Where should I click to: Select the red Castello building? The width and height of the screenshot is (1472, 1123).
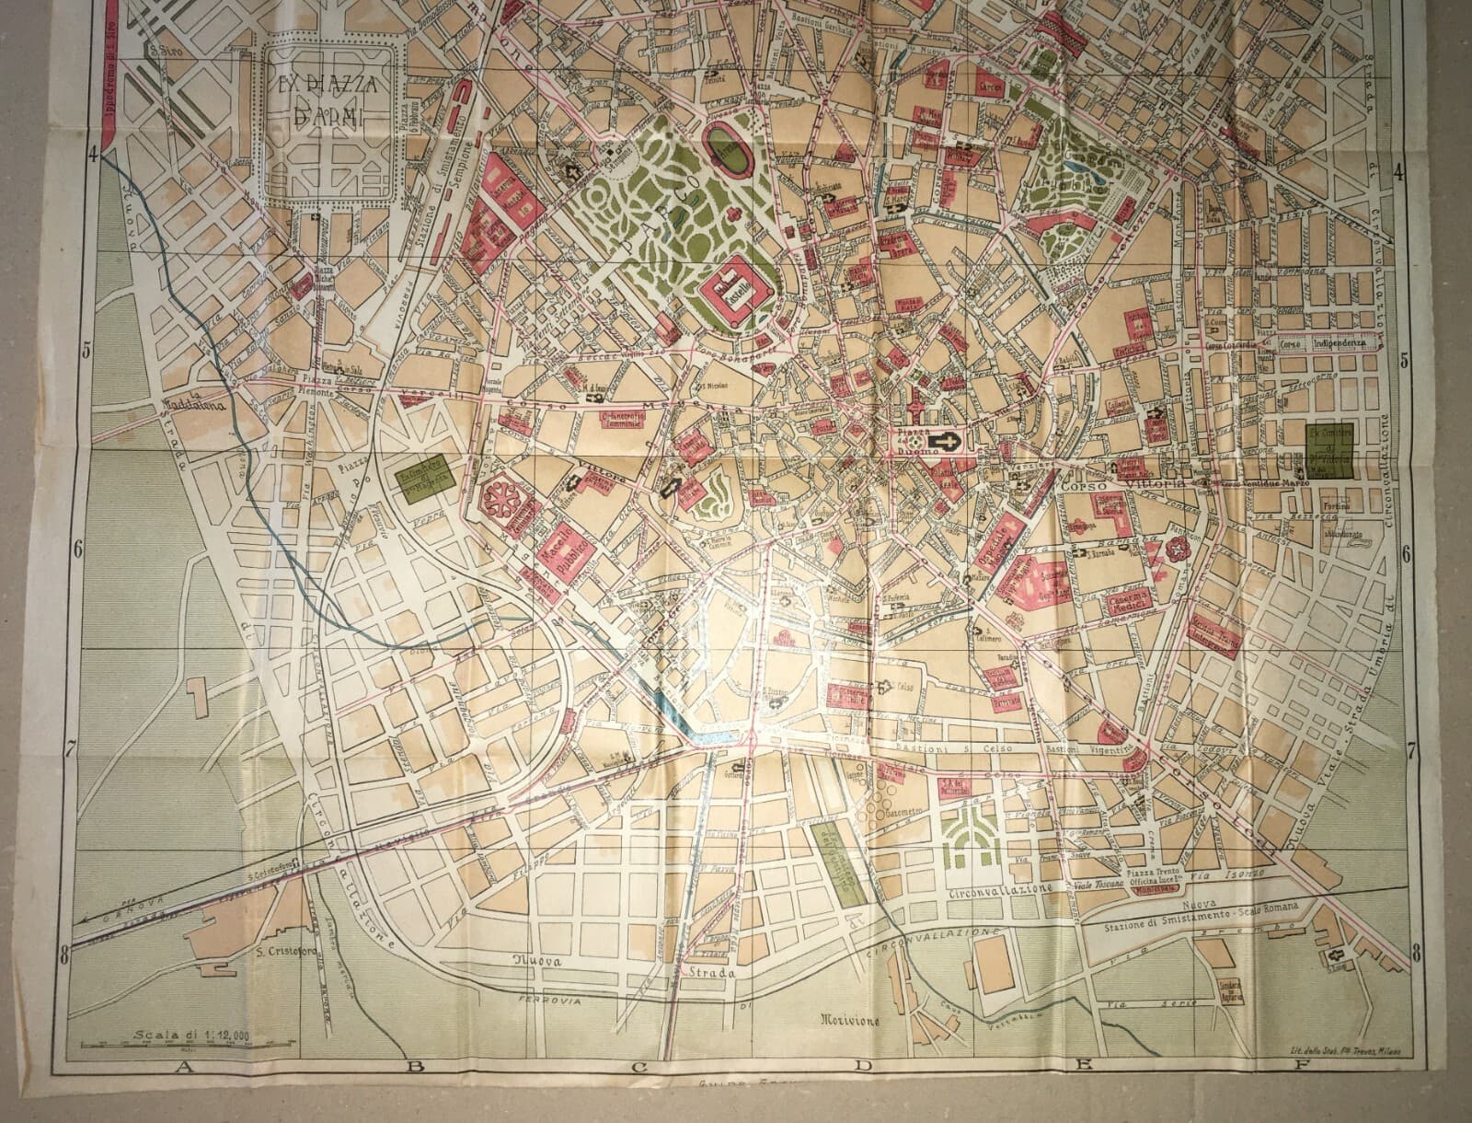coord(735,288)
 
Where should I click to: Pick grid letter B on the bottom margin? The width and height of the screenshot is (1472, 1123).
coord(415,1068)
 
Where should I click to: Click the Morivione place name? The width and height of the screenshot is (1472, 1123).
coord(848,1020)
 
